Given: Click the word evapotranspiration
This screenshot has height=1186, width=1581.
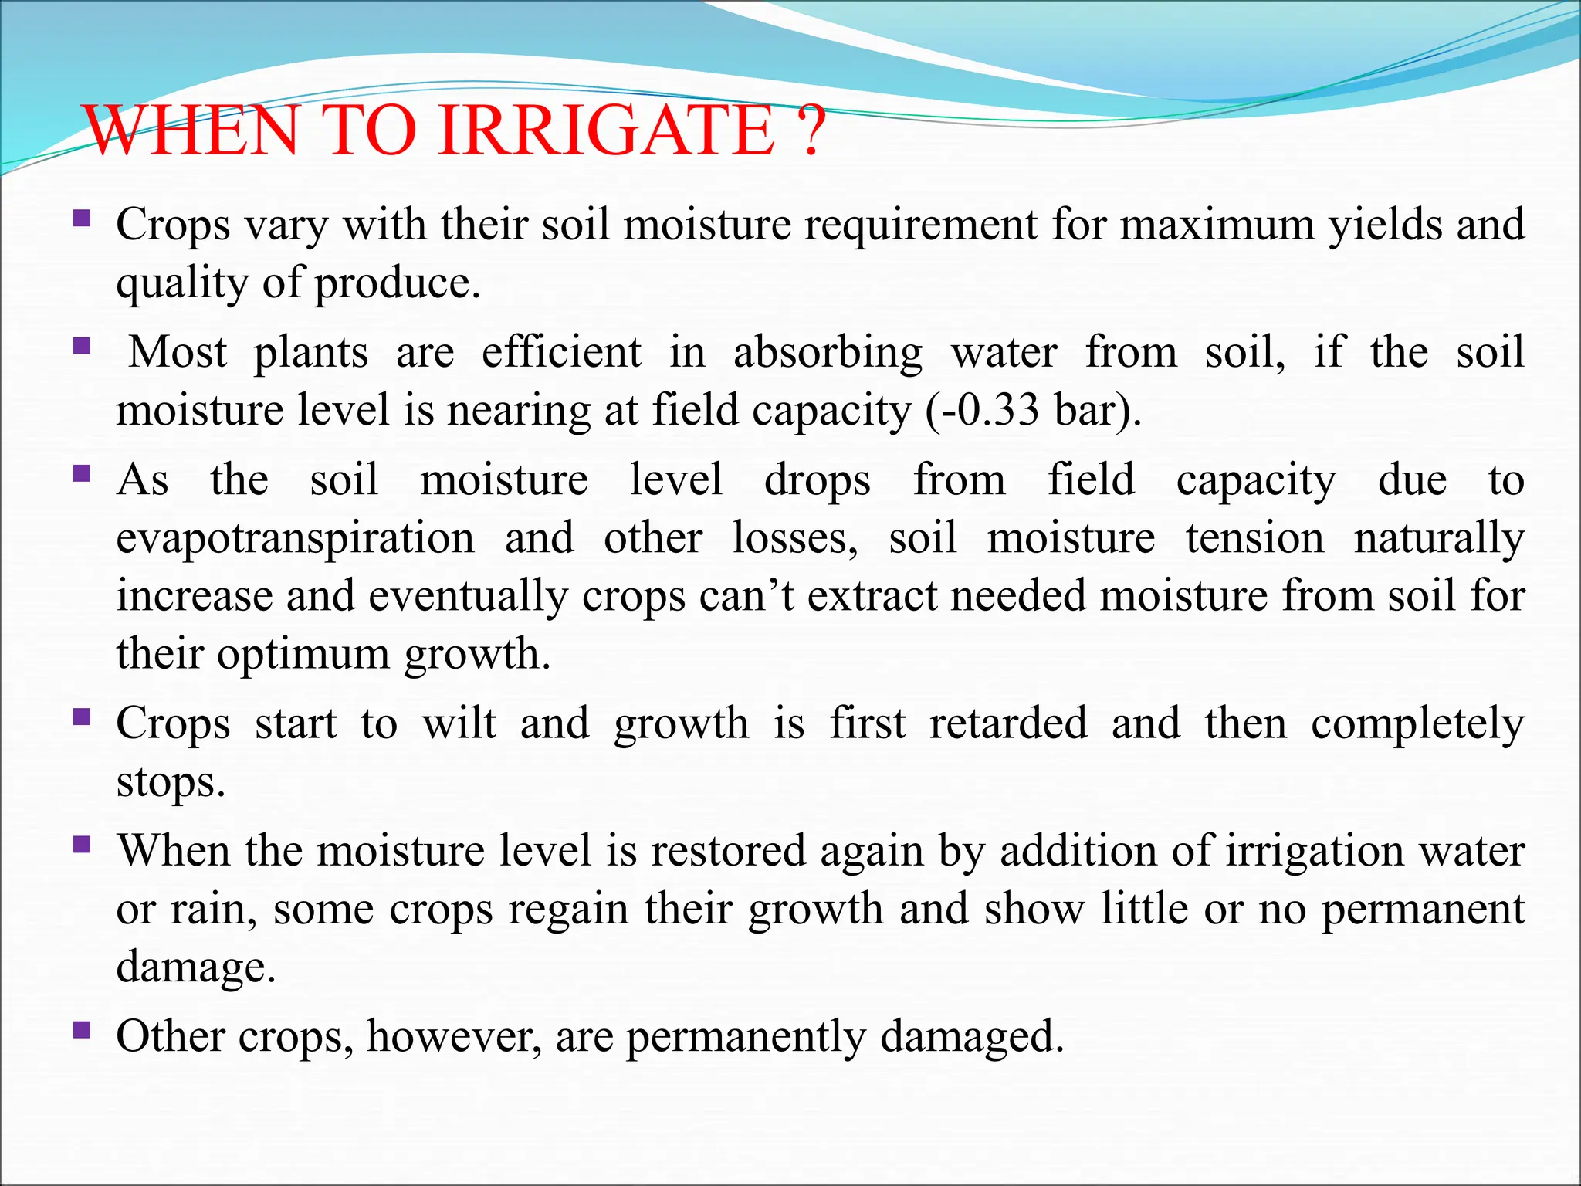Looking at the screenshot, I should [x=295, y=539].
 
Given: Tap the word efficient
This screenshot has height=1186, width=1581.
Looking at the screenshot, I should [x=561, y=353].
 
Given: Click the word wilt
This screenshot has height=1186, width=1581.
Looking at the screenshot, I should [x=459, y=724].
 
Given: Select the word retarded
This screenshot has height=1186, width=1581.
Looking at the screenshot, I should [x=1008, y=724].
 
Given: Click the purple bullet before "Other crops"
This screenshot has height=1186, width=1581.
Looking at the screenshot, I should [x=82, y=1030].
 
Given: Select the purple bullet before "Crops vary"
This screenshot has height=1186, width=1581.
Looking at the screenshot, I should [x=82, y=219].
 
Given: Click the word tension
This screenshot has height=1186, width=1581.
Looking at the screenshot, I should [x=1254, y=539].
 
